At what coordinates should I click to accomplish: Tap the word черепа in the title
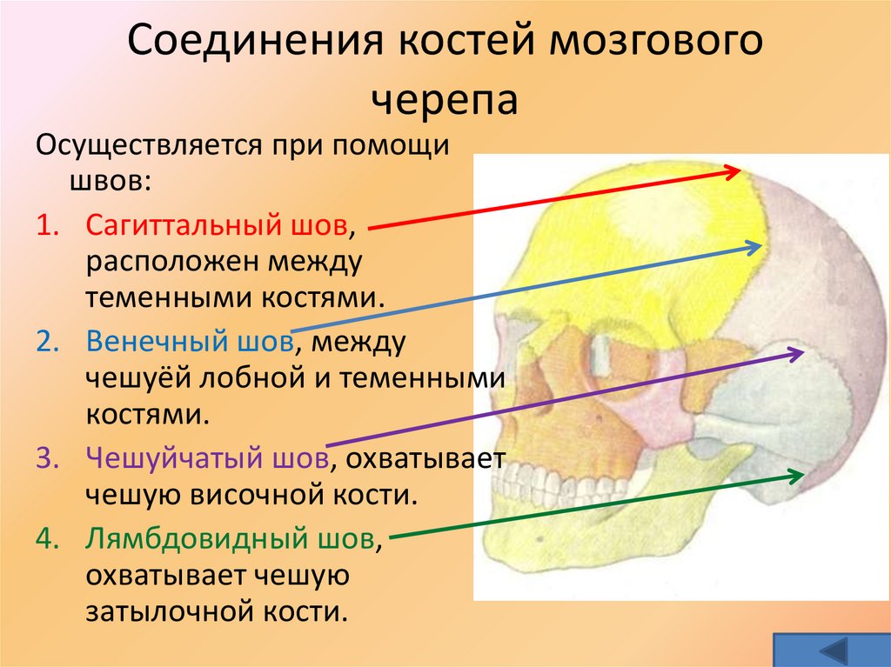(x=445, y=101)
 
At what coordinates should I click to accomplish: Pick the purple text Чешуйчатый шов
(x=206, y=457)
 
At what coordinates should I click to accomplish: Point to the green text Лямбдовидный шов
(x=231, y=540)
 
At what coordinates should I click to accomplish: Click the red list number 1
(x=47, y=226)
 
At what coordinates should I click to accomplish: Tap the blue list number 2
(x=47, y=343)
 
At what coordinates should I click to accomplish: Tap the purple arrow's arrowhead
(x=799, y=352)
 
